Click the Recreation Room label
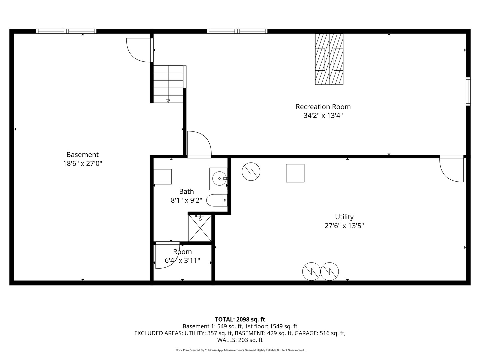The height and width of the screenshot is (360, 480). click(x=323, y=107)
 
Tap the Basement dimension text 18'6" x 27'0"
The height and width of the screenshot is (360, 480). click(x=82, y=164)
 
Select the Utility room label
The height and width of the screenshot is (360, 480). click(x=344, y=217)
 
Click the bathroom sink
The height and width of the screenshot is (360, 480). click(x=219, y=178)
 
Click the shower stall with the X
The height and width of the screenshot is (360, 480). click(x=200, y=228)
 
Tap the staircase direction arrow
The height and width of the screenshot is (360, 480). click(x=168, y=101)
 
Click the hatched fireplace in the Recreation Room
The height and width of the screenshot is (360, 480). click(x=329, y=59)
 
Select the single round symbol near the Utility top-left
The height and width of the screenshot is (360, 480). click(x=251, y=172)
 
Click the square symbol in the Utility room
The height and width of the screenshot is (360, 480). click(x=295, y=173)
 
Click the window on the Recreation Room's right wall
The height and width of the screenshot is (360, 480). click(x=468, y=91)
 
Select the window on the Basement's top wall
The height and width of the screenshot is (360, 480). click(x=66, y=31)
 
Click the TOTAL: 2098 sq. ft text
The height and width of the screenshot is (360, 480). click(x=240, y=319)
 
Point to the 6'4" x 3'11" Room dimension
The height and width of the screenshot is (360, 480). click(x=182, y=260)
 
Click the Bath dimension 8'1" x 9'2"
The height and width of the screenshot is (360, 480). click(x=186, y=200)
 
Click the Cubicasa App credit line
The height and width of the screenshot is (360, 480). click(x=240, y=350)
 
